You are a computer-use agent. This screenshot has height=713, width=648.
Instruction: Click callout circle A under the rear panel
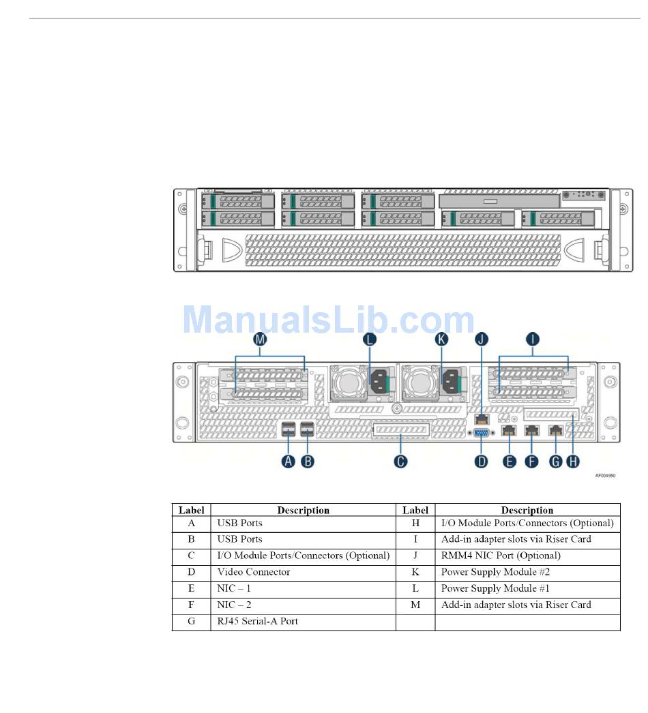(x=289, y=461)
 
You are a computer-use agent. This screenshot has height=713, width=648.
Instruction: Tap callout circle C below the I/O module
(x=400, y=461)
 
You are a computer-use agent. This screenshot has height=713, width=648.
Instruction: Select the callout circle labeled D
(x=482, y=461)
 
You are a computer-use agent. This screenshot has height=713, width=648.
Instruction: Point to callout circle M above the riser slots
(x=260, y=339)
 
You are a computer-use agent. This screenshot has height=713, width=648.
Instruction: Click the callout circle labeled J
(x=482, y=339)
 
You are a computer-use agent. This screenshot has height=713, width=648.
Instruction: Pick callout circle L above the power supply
(x=370, y=339)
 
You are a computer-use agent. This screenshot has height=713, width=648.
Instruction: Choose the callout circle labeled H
(x=574, y=461)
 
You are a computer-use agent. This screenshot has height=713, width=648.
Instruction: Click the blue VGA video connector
(x=482, y=431)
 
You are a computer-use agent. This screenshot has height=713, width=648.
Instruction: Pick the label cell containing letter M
(x=415, y=605)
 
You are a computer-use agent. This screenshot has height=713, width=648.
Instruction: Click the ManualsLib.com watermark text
(x=329, y=320)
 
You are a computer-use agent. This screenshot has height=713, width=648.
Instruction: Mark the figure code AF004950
(x=605, y=476)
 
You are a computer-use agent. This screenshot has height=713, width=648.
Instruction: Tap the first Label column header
(x=192, y=510)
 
